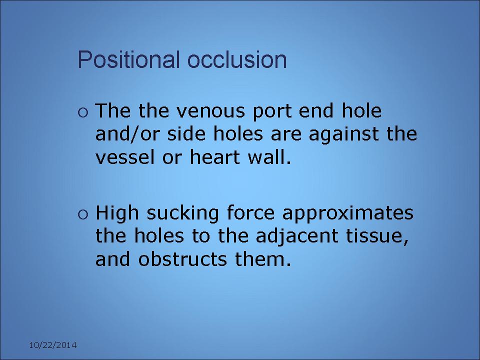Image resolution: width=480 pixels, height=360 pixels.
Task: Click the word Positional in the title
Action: point(128,59)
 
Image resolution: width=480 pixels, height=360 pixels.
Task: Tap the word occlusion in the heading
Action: point(237,59)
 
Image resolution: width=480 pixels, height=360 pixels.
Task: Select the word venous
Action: point(210,111)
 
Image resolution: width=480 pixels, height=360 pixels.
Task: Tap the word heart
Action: point(214,157)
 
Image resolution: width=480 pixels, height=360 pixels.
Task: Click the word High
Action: point(117,213)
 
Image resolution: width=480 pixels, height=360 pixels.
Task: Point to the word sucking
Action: point(183,213)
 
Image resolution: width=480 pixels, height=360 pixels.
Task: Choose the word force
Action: point(250,212)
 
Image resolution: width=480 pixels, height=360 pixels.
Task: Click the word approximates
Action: point(348,213)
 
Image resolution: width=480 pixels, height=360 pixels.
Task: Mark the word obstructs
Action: point(182,259)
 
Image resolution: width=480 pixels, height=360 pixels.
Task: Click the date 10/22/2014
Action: point(52,345)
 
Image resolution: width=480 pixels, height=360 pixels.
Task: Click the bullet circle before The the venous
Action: point(83,112)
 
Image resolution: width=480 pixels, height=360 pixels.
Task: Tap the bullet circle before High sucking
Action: point(83,214)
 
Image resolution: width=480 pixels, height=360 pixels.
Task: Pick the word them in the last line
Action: point(262,259)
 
